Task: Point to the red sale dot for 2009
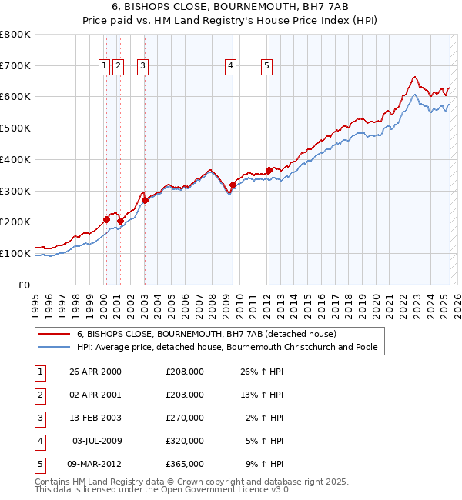[233, 185]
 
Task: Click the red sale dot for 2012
[269, 170]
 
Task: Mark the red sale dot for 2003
[145, 200]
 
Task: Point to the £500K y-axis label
[15, 128]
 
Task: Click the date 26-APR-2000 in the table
[95, 372]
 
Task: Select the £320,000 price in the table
[185, 441]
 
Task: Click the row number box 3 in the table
[38, 418]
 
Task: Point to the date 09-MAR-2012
[95, 464]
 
